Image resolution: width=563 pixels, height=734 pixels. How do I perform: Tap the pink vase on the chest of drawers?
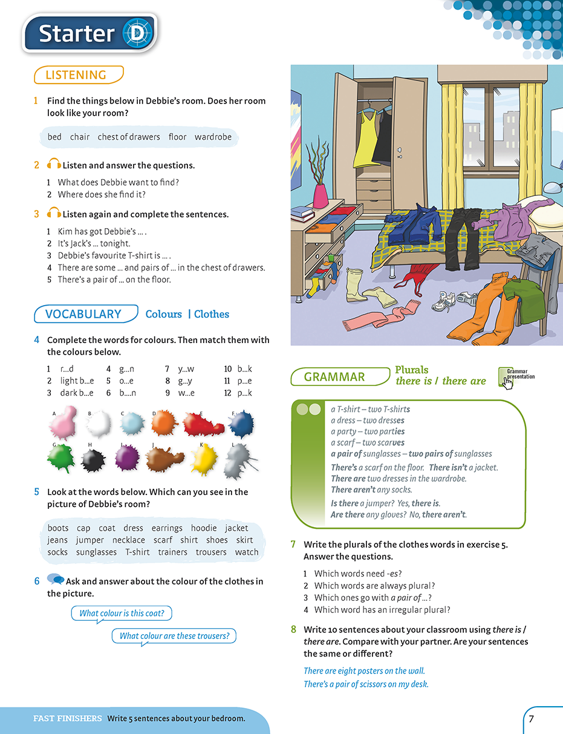click(320, 195)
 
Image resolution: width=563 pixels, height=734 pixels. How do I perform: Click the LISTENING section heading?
click(77, 75)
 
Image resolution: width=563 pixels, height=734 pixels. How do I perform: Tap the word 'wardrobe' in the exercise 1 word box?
click(213, 137)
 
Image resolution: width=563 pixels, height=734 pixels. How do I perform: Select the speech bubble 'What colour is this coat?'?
click(122, 613)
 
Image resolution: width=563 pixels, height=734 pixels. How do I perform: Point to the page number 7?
click(531, 719)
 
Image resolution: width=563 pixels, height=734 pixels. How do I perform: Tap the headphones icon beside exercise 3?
click(54, 214)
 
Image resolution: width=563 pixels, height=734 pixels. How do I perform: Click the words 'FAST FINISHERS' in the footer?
click(67, 719)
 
